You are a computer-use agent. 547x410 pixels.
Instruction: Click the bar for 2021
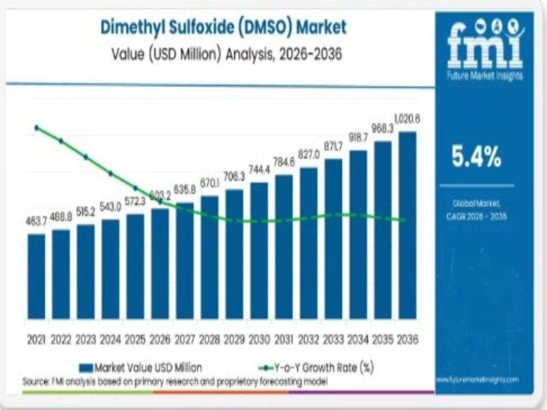36,277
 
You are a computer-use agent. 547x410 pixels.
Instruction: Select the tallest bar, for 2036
408,225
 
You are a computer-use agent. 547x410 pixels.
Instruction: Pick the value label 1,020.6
408,119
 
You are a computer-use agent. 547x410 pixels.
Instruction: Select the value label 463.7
36,223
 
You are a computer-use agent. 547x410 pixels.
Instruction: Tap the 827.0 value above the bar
308,155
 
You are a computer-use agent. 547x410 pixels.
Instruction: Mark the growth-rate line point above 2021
36,128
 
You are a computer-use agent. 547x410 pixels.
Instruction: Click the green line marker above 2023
86,156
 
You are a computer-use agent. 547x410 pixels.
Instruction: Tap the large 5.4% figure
477,157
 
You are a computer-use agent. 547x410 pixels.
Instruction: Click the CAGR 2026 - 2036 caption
477,216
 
